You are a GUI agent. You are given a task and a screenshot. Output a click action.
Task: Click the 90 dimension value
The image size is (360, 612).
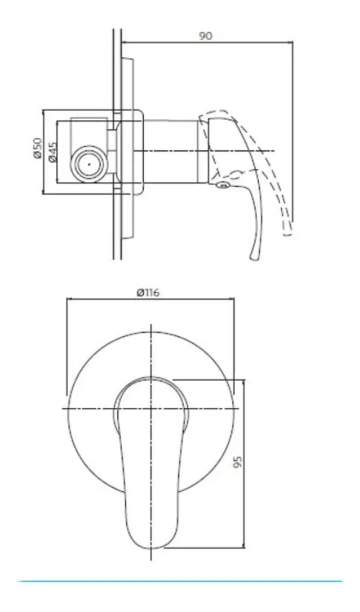(x=206, y=35)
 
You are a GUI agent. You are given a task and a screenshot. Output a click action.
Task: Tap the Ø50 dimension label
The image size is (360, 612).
(x=37, y=148)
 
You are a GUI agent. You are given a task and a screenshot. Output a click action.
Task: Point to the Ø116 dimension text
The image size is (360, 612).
(x=148, y=292)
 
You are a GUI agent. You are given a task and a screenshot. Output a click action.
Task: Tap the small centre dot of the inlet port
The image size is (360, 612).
(x=89, y=164)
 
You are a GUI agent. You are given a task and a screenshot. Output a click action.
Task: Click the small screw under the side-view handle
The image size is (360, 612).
(x=223, y=185)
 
